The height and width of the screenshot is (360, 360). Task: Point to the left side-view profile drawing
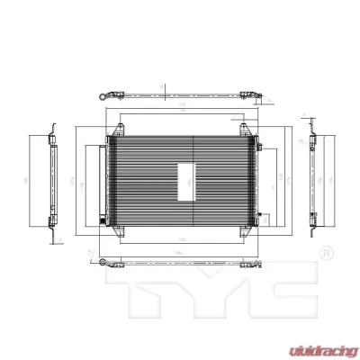coord(53,180)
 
